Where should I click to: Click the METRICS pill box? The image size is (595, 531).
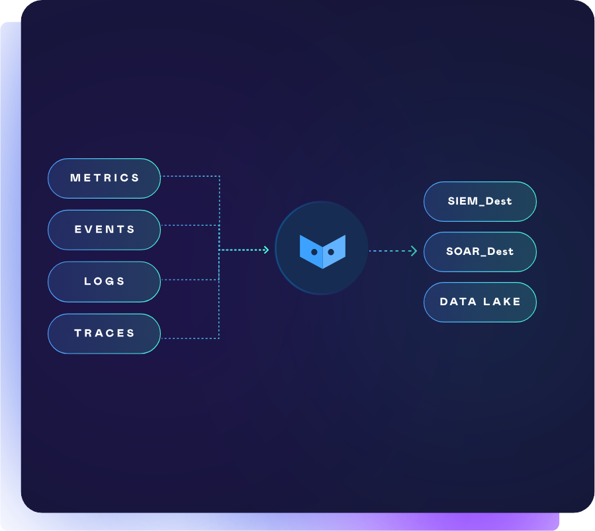[104, 178]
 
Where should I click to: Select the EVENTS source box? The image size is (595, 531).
[104, 230]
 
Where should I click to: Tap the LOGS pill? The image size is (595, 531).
[104, 281]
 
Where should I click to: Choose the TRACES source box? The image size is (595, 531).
[104, 333]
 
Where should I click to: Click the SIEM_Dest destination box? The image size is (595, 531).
[480, 201]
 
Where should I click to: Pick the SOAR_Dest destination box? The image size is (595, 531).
[480, 252]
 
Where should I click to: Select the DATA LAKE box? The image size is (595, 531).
[480, 302]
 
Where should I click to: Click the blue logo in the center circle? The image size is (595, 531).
[322, 251]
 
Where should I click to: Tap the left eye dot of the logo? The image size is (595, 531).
[314, 252]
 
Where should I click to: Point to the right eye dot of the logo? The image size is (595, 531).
[331, 252]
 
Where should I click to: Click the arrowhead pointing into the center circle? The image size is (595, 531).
[266, 250]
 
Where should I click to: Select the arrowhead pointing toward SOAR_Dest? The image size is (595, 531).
[414, 251]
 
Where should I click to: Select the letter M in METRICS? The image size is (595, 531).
[75, 178]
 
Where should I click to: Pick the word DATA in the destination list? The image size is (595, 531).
[458, 302]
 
